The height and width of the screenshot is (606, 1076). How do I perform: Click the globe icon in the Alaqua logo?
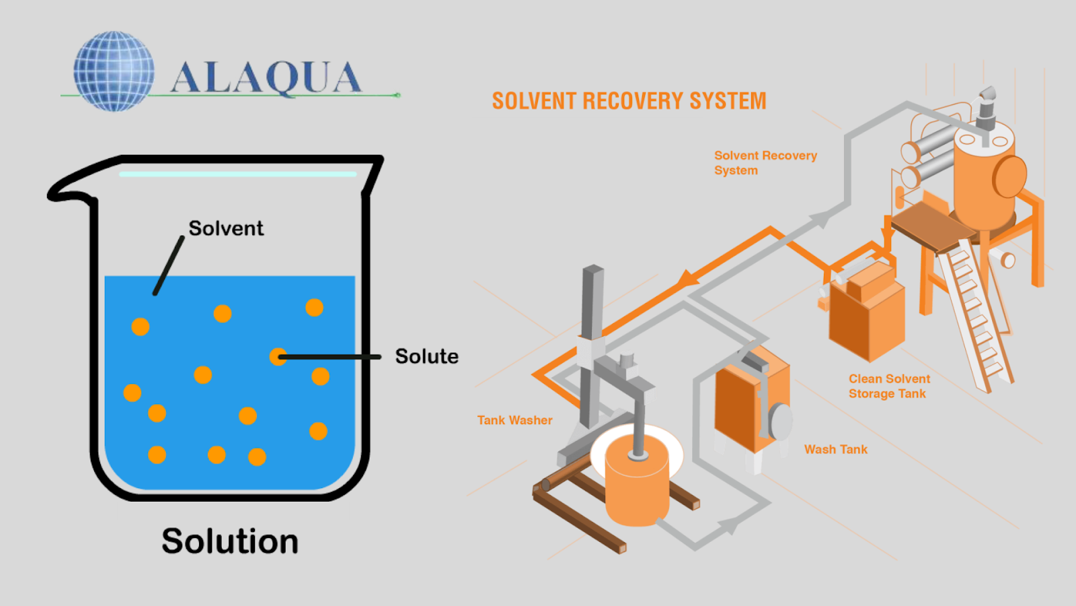tap(114, 71)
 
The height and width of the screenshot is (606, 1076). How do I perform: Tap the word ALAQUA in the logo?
tap(266, 77)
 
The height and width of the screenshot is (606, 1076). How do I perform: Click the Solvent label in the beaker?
tap(226, 228)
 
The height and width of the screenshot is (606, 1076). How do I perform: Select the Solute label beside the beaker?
tap(426, 356)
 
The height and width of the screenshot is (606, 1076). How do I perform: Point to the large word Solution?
tap(230, 541)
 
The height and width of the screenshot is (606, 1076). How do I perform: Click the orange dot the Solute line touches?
tap(278, 357)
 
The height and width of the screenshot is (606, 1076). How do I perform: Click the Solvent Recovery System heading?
tap(629, 101)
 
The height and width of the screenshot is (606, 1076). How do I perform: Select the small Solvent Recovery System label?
tap(765, 163)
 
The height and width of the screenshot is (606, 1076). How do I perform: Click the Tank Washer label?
tap(514, 420)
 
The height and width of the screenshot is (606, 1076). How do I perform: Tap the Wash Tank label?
tap(836, 449)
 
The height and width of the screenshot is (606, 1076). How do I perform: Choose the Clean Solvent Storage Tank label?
tap(888, 386)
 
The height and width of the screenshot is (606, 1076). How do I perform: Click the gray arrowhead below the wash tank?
tap(729, 525)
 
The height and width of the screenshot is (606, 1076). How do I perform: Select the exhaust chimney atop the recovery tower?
tap(986, 108)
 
